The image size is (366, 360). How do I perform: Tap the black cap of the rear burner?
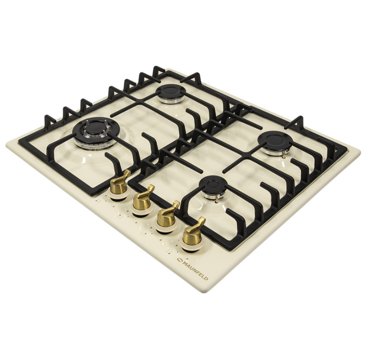click(x=170, y=90)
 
